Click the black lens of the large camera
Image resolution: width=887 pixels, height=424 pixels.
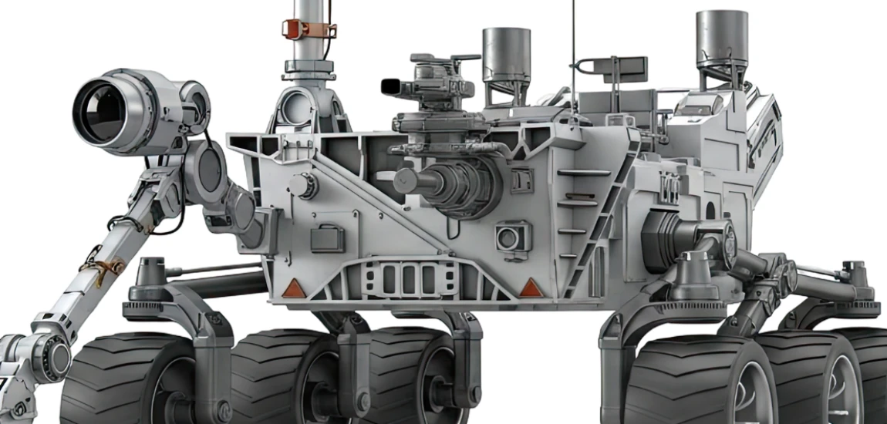click(x=99, y=113)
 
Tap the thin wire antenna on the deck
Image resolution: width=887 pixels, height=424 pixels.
click(x=572, y=46)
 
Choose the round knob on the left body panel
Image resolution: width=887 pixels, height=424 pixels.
click(x=304, y=185)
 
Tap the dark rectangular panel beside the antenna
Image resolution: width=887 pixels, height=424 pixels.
click(x=625, y=69)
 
